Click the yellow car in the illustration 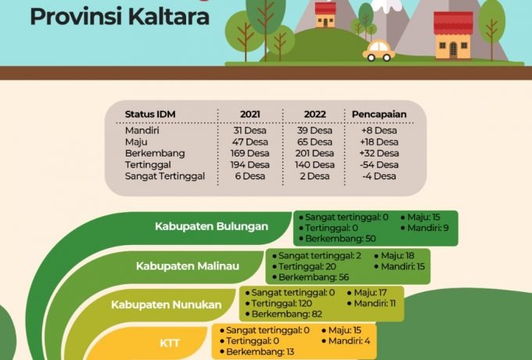(379, 52)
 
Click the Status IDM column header (150, 114)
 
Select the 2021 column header (250, 114)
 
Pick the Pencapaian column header (379, 114)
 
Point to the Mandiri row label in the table (142, 130)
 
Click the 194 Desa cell (250, 165)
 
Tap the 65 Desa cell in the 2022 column (315, 142)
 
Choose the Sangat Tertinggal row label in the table (164, 176)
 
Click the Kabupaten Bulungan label (211, 227)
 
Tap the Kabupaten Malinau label (188, 266)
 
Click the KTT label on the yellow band (170, 343)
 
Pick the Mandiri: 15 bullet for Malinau (401, 267)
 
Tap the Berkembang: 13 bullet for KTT (261, 352)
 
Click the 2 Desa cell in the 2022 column (315, 176)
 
